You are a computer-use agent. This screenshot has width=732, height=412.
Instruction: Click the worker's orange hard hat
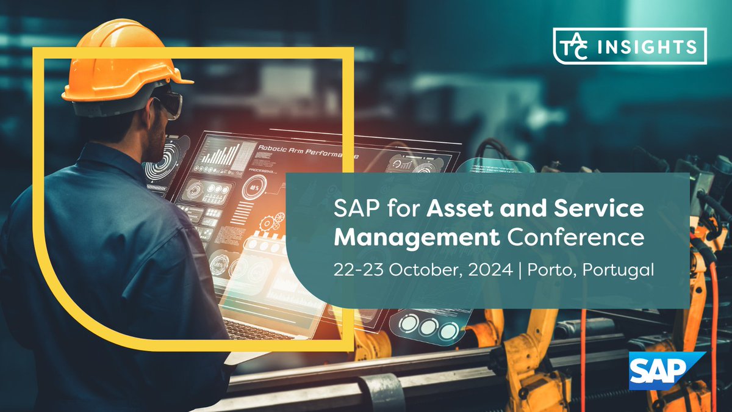pyautogui.click(x=122, y=61)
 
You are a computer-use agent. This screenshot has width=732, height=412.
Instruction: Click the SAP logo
pyautogui.click(x=667, y=370)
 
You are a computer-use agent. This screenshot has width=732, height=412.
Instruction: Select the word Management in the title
pyautogui.click(x=417, y=237)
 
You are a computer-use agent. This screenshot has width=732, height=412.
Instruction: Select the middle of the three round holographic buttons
pyautogui.click(x=428, y=327)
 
